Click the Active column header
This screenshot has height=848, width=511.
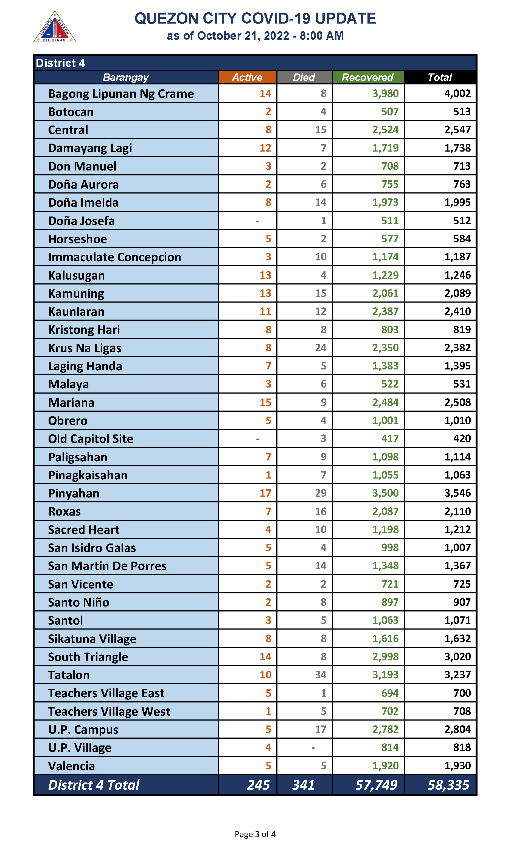coord(247,77)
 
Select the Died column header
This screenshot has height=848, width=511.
coord(304,77)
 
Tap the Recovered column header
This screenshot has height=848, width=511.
coord(367,77)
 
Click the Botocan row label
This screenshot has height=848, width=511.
coord(71,112)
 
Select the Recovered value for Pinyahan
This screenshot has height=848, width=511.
coord(385,493)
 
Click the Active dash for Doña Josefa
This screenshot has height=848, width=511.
coord(258,221)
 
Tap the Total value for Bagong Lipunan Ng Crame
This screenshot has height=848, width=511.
coord(457,93)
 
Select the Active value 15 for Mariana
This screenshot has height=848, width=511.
coord(265,402)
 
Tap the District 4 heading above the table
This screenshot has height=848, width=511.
coord(60,63)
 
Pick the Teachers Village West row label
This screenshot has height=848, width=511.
coord(109,711)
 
